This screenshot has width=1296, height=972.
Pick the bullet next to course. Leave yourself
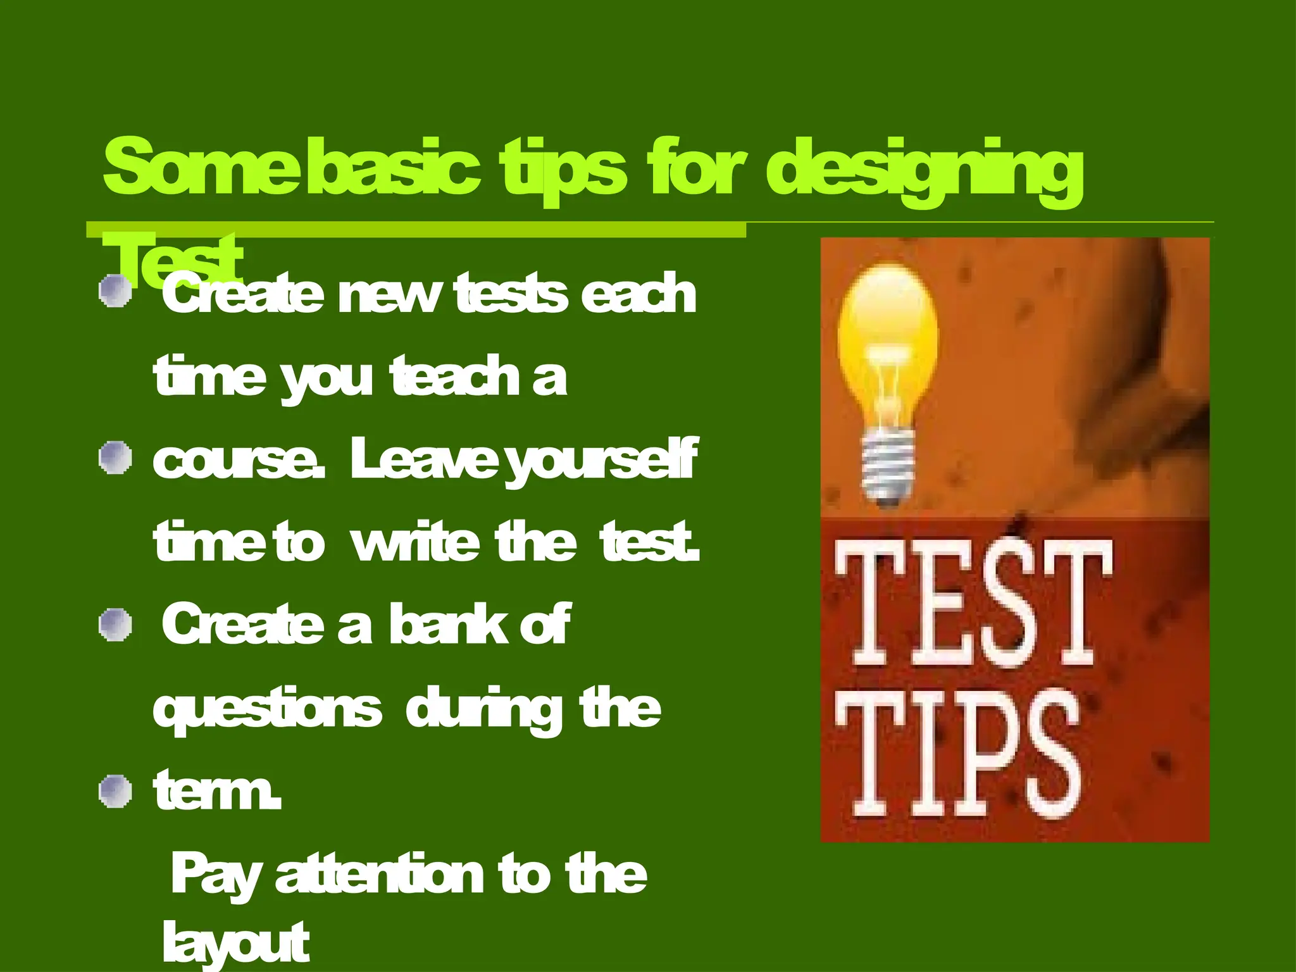click(x=116, y=458)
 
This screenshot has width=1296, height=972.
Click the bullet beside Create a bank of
click(x=116, y=625)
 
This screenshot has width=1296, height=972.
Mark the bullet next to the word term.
click(x=116, y=792)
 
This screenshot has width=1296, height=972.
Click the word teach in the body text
click(x=455, y=377)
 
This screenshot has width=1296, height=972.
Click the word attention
click(x=379, y=875)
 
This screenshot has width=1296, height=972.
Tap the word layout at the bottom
click(x=235, y=943)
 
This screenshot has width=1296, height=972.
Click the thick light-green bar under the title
click(x=416, y=230)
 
